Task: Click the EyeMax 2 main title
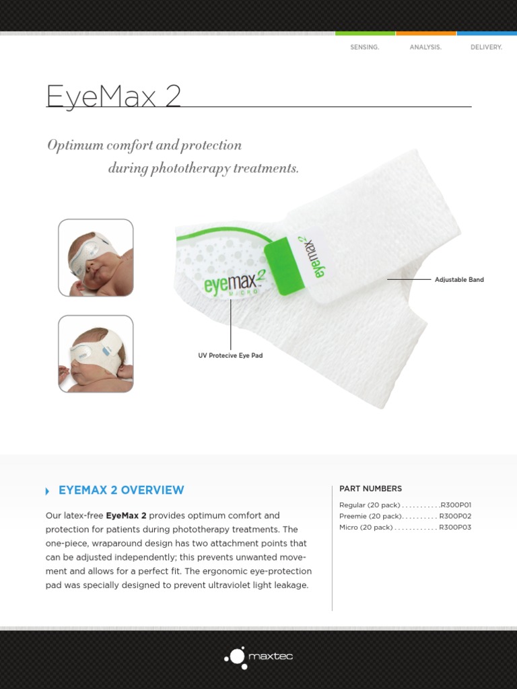[x=113, y=96]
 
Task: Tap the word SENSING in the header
[x=364, y=48]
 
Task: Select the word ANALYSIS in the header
[x=425, y=48]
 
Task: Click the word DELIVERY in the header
[x=486, y=48]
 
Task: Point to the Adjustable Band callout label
[x=459, y=280]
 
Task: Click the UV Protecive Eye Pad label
[x=230, y=355]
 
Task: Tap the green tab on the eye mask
[x=282, y=268]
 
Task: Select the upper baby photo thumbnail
[x=96, y=258]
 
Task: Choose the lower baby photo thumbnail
[x=96, y=354]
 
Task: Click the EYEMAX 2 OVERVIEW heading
[x=121, y=491]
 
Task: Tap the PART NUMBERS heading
[x=370, y=488]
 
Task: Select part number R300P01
[x=456, y=505]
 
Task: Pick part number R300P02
[x=455, y=516]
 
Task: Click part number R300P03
[x=455, y=528]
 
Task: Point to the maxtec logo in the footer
[x=258, y=657]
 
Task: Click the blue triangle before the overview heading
[x=47, y=491]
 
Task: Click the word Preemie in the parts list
[x=353, y=516]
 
